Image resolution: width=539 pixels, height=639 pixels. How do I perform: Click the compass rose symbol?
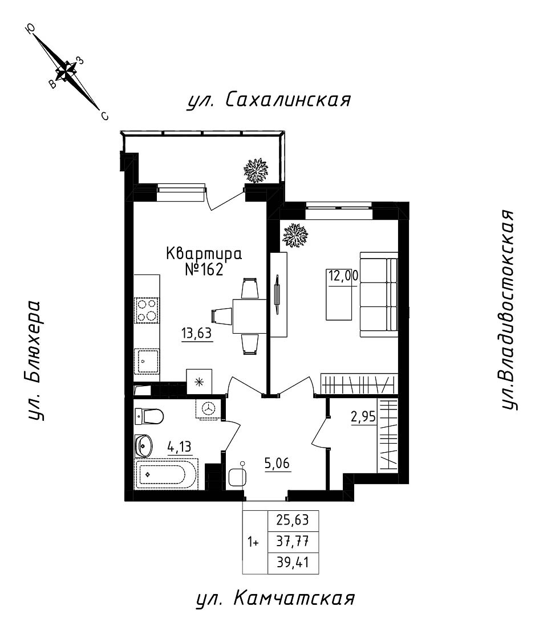point(68,71)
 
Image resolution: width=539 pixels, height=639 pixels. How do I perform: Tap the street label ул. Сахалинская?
point(268,100)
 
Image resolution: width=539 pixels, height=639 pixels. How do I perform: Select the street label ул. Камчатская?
point(275,599)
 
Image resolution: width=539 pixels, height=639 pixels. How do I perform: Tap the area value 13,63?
point(197,334)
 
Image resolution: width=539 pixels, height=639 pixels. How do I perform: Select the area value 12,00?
point(342,276)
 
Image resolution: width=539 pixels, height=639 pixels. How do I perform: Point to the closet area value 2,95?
point(363,416)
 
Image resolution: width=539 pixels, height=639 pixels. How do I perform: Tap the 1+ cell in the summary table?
point(253,542)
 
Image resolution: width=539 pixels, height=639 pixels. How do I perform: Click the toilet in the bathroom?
point(149,416)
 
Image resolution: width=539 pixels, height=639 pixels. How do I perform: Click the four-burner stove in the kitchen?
point(147,310)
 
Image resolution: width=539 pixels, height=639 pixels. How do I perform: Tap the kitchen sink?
point(147,361)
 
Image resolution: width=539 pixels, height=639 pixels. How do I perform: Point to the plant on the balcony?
point(256,170)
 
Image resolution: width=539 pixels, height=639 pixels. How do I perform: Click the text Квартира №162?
point(204,260)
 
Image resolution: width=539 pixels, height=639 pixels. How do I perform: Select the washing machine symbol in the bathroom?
point(208,408)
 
